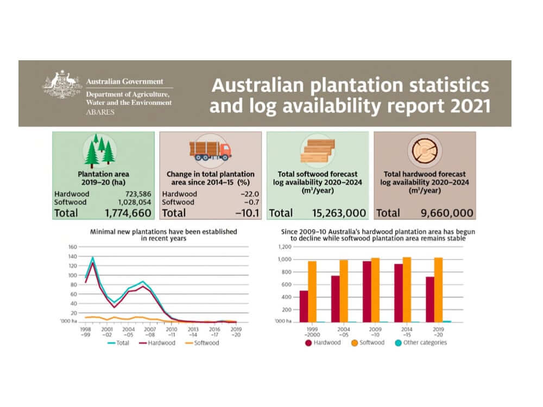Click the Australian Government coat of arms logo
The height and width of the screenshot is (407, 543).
coord(62,86)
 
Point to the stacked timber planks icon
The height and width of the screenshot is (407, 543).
coord(317,150)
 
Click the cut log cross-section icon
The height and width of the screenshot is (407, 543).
coord(425,150)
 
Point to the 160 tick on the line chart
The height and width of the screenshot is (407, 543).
coord(72,247)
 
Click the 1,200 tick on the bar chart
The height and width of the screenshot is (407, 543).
coord(285,247)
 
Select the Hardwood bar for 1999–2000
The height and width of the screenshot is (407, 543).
coord(304,306)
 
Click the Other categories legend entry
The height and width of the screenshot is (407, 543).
coord(421,342)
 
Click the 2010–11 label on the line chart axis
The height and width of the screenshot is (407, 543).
coord(172,332)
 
